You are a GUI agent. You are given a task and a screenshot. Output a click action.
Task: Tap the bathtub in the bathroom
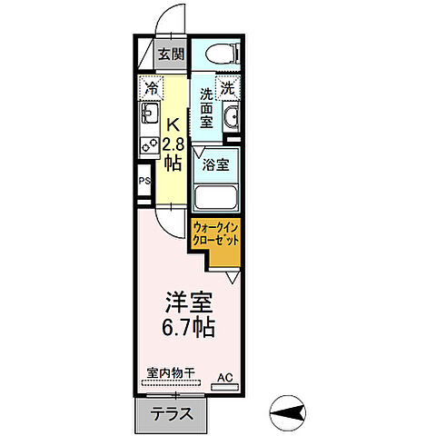click(x=216, y=198)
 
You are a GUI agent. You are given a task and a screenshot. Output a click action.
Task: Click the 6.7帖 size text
click(x=189, y=327)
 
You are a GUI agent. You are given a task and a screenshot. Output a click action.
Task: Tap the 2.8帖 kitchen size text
click(x=173, y=151)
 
